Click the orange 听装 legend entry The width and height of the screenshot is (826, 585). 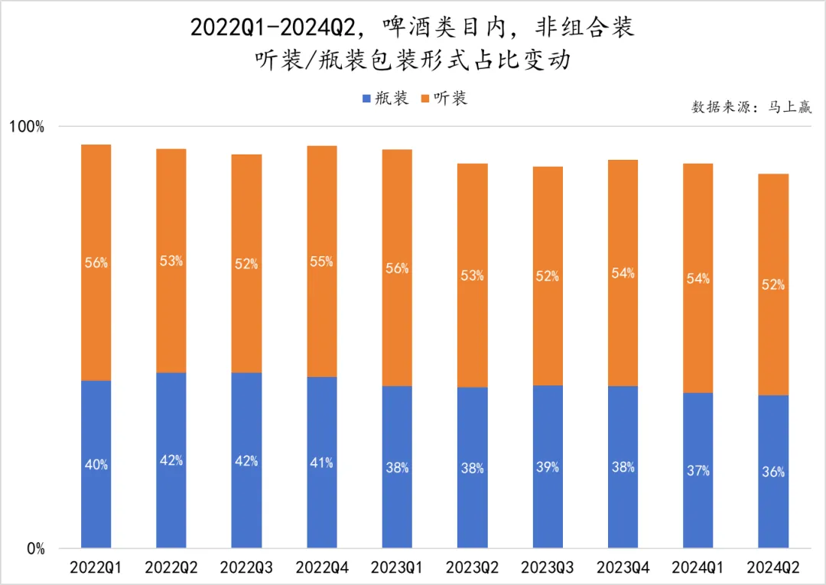pyautogui.click(x=443, y=99)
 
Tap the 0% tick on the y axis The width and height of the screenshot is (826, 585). pyautogui.click(x=36, y=548)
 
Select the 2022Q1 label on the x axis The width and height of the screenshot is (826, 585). pyautogui.click(x=96, y=568)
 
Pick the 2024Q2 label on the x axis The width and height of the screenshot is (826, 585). pyautogui.click(x=773, y=568)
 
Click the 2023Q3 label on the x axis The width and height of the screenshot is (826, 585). pyautogui.click(x=548, y=568)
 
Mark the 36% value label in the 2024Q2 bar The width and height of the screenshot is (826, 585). pyautogui.click(x=773, y=472)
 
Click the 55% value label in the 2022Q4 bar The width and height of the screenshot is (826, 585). pyautogui.click(x=322, y=262)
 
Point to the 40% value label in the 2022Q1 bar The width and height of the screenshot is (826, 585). pyautogui.click(x=96, y=464)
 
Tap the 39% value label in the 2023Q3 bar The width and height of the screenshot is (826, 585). pyautogui.click(x=548, y=466)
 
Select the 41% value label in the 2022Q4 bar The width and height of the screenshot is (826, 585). pyautogui.click(x=322, y=463)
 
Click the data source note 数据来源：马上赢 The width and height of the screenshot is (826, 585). pyautogui.click(x=751, y=107)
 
